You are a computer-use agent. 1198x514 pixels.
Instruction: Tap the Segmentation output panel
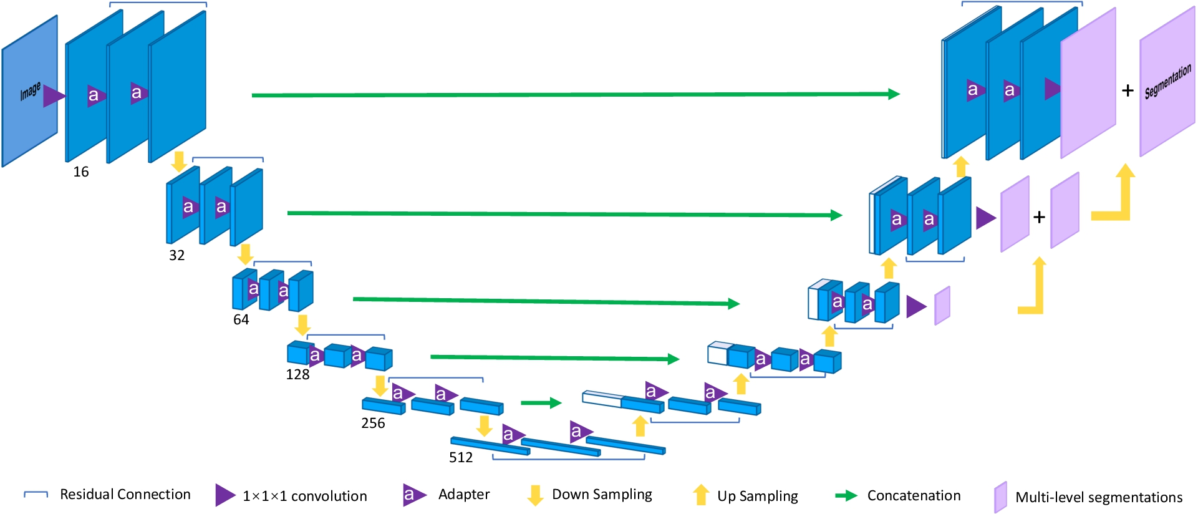[1167, 82]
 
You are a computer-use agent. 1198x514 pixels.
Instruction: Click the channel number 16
[81, 172]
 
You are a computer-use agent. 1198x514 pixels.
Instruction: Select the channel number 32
[177, 256]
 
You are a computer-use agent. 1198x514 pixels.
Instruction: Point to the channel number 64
[241, 320]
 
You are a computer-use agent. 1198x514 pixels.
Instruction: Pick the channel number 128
[297, 375]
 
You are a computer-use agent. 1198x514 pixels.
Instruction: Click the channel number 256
[373, 424]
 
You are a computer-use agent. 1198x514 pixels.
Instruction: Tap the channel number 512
[461, 458]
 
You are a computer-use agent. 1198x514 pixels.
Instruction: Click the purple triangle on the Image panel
[54, 96]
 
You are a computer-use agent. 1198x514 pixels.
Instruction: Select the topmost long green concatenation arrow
[574, 95]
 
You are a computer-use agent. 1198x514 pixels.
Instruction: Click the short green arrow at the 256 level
[541, 403]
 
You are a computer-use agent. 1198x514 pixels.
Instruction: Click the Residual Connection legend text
[125, 495]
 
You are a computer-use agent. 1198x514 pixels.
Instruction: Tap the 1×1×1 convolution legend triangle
[225, 495]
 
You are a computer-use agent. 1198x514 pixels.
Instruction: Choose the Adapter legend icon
[413, 495]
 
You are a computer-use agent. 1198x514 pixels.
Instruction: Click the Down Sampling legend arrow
[534, 495]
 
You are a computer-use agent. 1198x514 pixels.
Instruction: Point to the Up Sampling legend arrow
[701, 495]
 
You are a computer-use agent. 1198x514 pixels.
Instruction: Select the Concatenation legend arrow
[846, 496]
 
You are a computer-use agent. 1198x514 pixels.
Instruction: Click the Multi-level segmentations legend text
[1099, 498]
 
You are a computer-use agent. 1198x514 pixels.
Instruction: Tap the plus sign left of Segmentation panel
[1128, 91]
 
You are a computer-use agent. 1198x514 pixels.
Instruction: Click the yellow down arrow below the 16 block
[179, 162]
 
